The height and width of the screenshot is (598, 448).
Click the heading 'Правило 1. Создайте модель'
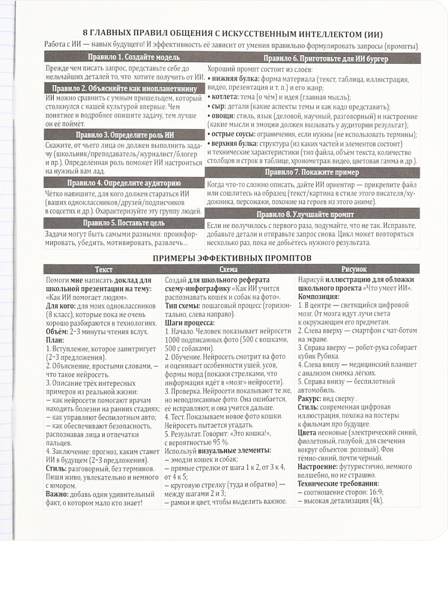click(125, 57)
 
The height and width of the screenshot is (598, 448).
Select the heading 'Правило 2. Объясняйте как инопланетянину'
click(125, 88)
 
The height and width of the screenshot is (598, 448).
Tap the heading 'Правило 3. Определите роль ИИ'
click(125, 135)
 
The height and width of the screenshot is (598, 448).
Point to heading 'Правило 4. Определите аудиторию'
click(125, 183)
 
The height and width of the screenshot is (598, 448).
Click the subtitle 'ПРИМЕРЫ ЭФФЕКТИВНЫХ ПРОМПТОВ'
click(223, 258)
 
